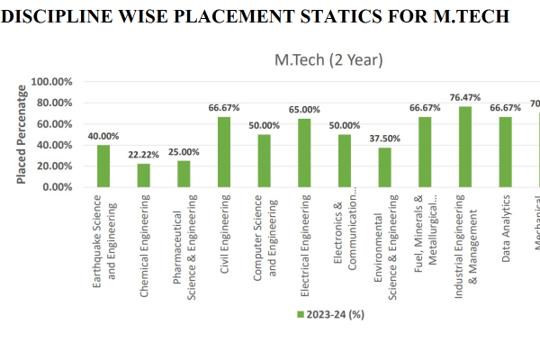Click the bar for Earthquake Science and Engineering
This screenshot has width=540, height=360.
[x=103, y=166]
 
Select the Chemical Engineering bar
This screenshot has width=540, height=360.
[x=144, y=175]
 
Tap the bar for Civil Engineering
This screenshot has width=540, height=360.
[x=224, y=152]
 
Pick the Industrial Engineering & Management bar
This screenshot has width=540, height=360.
[x=465, y=147]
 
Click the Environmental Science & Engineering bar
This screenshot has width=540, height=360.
[x=384, y=167]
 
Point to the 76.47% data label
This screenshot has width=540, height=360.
[x=465, y=97]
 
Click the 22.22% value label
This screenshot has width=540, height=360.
[x=144, y=154]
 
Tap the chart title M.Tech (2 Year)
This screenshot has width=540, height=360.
[x=328, y=59]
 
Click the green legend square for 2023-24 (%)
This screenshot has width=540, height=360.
[x=300, y=313]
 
